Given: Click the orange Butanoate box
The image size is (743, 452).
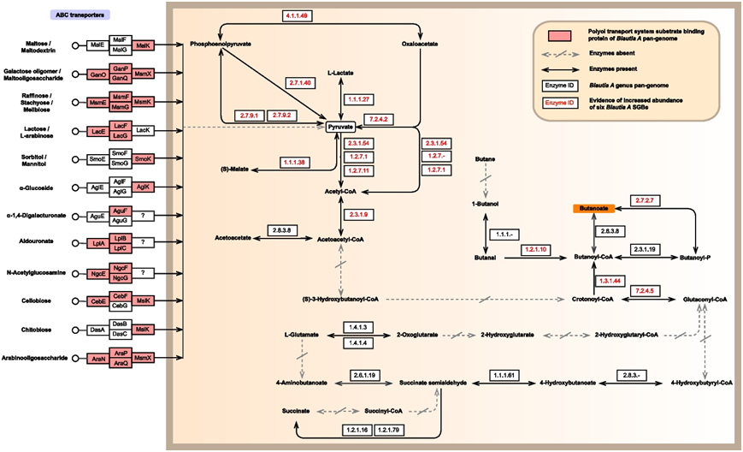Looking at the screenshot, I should pyautogui.click(x=593, y=208).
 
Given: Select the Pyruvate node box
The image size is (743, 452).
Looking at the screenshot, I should pyautogui.click(x=341, y=127).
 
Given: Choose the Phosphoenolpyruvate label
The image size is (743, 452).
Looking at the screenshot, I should pyautogui.click(x=221, y=44).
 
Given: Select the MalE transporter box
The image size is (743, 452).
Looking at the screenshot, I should pyautogui.click(x=98, y=45).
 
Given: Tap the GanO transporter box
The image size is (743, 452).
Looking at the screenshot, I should pyautogui.click(x=98, y=74).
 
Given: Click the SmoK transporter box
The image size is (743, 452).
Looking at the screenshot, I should pyautogui.click(x=143, y=159).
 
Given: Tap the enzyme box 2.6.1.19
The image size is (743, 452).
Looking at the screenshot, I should pyautogui.click(x=364, y=375).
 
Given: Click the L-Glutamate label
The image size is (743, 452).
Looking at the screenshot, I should pyautogui.click(x=302, y=334).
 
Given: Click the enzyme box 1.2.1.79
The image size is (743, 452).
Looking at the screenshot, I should pyautogui.click(x=389, y=428).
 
